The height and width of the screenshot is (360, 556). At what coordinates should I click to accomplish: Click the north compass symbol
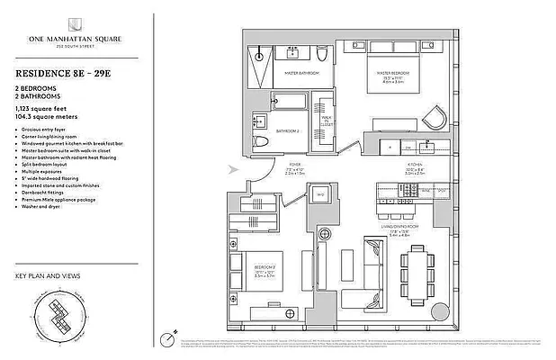(166, 338)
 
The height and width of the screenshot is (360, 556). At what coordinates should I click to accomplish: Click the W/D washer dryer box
(319, 193)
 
